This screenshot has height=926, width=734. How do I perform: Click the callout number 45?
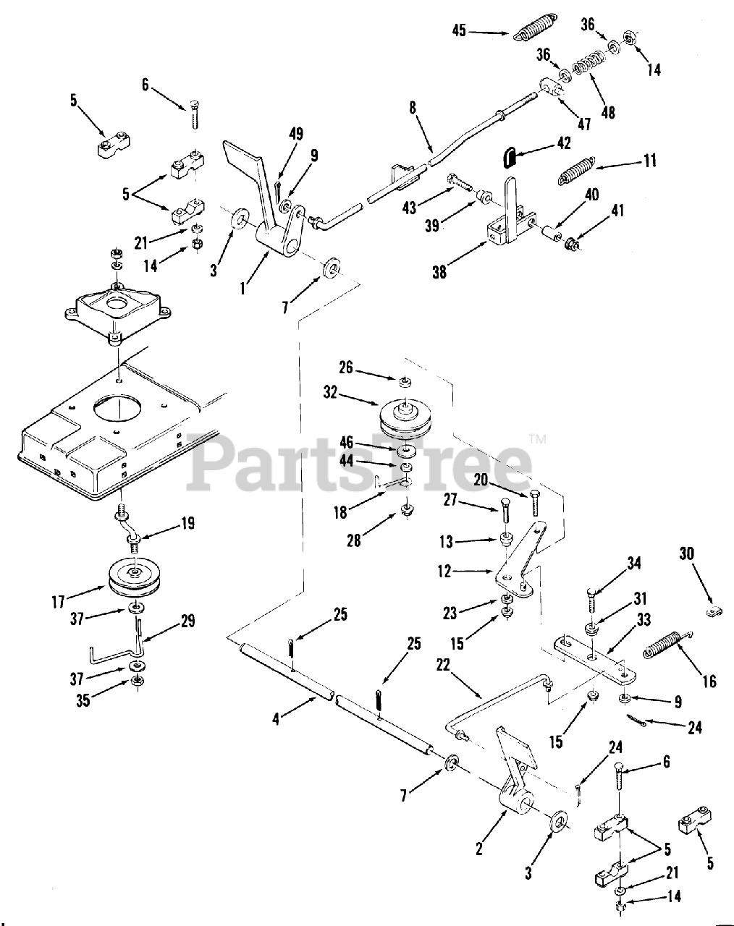459,30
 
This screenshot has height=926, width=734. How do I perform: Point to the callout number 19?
187,523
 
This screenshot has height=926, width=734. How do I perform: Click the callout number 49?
295,134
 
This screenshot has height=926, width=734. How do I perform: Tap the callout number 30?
686,553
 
